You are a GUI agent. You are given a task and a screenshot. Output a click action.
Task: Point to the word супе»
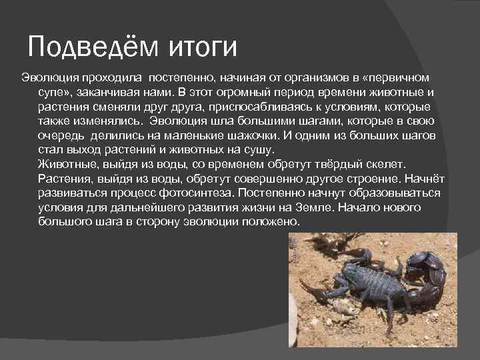(x=57, y=92)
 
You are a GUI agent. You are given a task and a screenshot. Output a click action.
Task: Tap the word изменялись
(x=108, y=121)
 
